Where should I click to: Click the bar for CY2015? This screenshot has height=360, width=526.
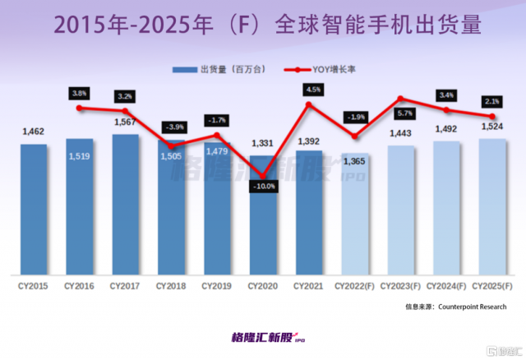click(34, 210)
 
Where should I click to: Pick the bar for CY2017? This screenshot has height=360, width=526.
click(126, 205)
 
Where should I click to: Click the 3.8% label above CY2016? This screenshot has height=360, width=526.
click(80, 94)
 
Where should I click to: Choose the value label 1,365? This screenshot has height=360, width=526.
click(356, 161)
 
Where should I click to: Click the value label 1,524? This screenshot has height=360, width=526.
click(492, 127)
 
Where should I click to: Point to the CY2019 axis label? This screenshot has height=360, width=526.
click(217, 285)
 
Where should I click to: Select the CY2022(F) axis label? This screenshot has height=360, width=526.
click(355, 285)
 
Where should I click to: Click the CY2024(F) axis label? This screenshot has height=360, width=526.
click(446, 285)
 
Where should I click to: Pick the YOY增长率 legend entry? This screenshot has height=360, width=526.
click(322, 69)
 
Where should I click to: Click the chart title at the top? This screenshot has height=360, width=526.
click(263, 22)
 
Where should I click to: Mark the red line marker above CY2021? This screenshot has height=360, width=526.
click(309, 104)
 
